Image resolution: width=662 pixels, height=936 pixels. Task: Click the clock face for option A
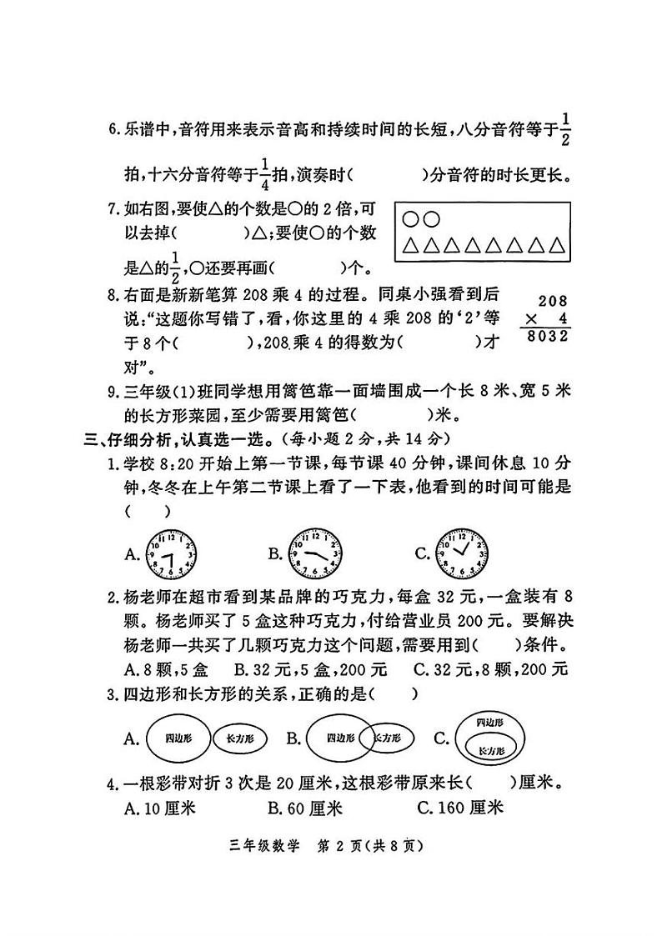click(171, 553)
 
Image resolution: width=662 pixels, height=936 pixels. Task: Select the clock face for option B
click(314, 552)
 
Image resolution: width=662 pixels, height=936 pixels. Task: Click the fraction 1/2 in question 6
click(567, 129)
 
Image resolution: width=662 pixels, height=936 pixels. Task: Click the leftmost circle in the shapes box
click(410, 219)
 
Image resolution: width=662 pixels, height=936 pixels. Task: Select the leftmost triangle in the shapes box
click(410, 245)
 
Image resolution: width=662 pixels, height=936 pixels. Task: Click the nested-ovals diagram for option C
click(488, 737)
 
